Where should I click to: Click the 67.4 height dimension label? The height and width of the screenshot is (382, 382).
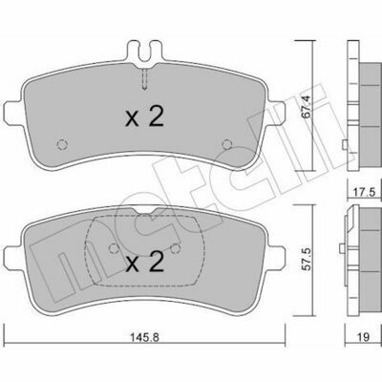pyautogui.click(x=306, y=106)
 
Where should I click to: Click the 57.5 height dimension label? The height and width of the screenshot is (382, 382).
pyautogui.click(x=306, y=258)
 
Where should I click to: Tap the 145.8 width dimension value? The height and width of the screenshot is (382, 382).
pyautogui.click(x=144, y=337)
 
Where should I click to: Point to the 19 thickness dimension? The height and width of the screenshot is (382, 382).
pyautogui.click(x=364, y=337)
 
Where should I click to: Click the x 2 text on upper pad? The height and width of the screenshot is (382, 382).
pyautogui.click(x=145, y=117)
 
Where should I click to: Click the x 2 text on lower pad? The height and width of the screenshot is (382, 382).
pyautogui.click(x=145, y=262)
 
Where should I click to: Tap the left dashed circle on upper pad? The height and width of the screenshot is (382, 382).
pyautogui.click(x=62, y=145)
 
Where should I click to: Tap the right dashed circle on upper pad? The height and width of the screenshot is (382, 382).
pyautogui.click(x=227, y=145)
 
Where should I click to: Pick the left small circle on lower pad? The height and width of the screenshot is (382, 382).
pyautogui.click(x=114, y=248)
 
